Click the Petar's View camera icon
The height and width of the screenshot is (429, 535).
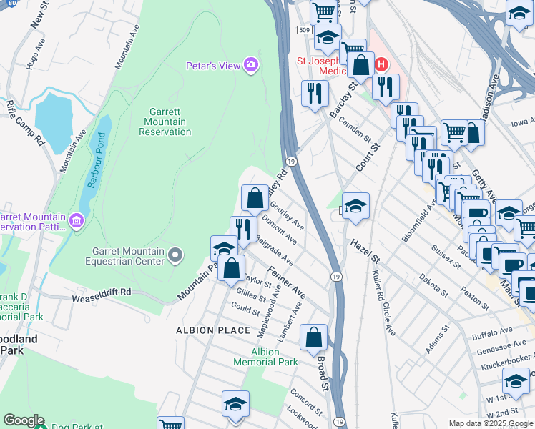click(250, 66)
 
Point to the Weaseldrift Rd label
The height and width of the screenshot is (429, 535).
click(101, 292)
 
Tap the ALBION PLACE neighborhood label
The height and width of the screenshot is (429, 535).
click(213, 330)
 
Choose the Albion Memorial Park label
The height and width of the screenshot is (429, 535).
click(265, 357)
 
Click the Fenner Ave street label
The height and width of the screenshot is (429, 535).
click(288, 283)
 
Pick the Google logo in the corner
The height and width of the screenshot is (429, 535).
click(24, 420)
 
